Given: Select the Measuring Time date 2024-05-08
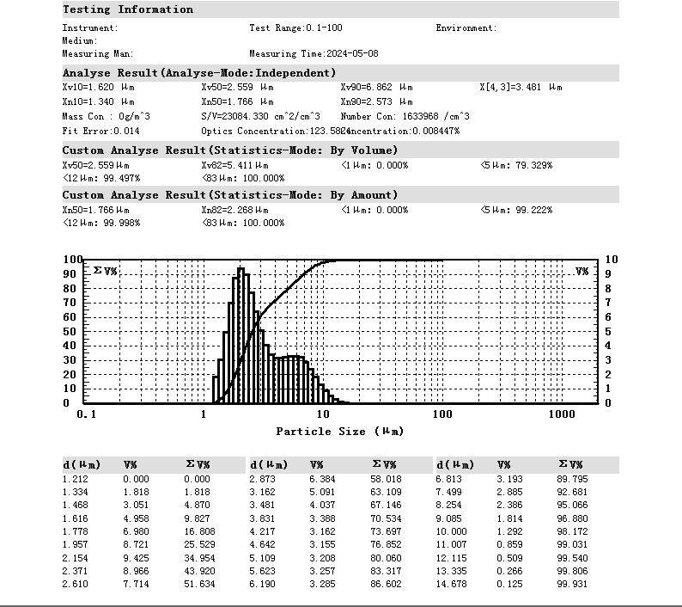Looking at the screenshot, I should click(x=354, y=53).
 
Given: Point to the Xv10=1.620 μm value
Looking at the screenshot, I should click(x=98, y=87).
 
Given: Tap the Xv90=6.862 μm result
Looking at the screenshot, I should click(x=376, y=87).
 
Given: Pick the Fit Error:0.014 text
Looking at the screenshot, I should click(x=100, y=131).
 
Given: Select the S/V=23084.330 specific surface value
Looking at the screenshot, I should click(x=260, y=116).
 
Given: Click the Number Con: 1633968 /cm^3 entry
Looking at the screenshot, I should click(x=405, y=116).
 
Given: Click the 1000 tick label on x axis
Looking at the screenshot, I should click(x=562, y=414).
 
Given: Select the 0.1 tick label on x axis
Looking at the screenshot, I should click(x=86, y=414).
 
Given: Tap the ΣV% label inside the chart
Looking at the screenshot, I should click(x=105, y=271).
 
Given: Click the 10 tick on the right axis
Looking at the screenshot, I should click(x=611, y=260).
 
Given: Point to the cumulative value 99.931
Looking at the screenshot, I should click(x=571, y=585).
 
